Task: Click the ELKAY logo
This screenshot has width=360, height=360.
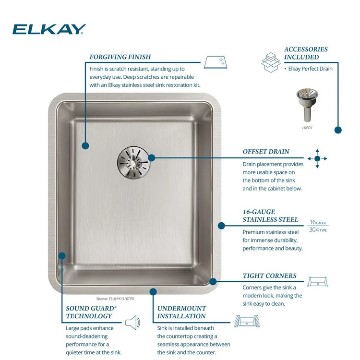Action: coord(49,30)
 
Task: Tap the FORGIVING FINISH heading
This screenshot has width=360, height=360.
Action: coord(120,57)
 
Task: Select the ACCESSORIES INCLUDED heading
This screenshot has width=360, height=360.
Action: coord(306,53)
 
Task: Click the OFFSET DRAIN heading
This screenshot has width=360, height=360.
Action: coord(266,152)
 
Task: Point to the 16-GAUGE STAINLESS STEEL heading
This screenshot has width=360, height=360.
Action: coord(270,216)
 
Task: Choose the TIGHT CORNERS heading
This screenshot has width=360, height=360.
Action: coord(269,276)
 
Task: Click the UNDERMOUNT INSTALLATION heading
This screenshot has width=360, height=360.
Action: coord(182,312)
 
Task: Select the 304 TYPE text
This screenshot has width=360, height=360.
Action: coord(319,229)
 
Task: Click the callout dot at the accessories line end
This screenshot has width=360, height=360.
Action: coord(338,130)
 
